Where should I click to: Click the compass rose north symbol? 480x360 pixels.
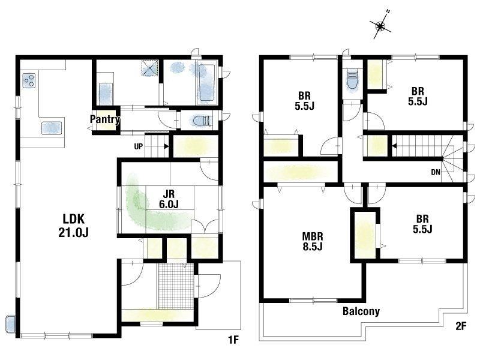point(380,26)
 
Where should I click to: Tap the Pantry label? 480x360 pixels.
point(104,119)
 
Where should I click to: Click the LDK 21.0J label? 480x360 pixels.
point(73,226)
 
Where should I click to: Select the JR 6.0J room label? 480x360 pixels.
point(169,199)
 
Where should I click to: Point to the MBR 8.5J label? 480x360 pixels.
point(313,241)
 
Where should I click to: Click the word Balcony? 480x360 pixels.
point(361,311)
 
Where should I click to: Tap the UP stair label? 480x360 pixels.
point(139,146)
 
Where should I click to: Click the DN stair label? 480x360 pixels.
point(436,172)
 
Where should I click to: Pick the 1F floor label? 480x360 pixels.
point(233,340)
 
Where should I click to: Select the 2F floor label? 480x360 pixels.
point(461,326)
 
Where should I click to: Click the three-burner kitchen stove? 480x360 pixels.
point(29,81)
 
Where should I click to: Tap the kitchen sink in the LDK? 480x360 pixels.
point(52,128)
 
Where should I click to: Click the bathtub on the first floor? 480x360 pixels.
point(206,82)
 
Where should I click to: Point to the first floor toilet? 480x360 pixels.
point(202,121)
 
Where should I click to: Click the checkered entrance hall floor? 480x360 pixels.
point(176,286)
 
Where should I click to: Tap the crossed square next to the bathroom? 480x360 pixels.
point(150,68)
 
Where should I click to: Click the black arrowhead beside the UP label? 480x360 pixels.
point(166,146)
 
